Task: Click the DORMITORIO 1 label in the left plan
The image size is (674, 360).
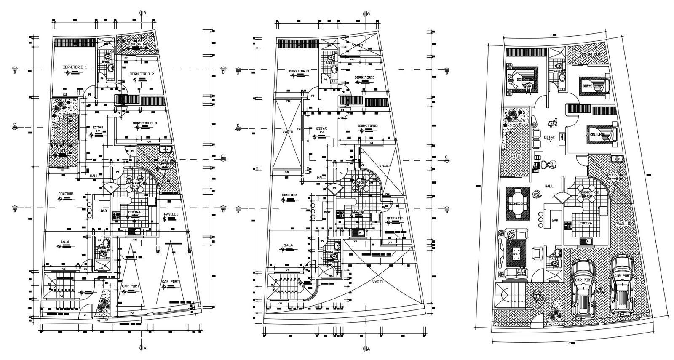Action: point(75,67)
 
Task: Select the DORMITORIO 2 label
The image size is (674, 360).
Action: point(142,74)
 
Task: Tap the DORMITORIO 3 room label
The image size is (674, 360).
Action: point(144,123)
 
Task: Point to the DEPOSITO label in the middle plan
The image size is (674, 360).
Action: point(394,218)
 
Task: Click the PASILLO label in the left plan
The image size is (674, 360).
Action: point(171,214)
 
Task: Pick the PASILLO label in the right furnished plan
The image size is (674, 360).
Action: point(623,224)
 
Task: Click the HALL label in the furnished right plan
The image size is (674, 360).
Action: point(549,186)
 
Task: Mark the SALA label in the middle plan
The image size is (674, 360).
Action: point(288,245)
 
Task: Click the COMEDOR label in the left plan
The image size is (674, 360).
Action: point(66,194)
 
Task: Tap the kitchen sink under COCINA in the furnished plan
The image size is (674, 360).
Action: point(585,241)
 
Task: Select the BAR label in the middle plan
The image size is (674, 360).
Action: point(327,212)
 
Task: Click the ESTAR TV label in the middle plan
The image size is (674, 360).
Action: point(321,131)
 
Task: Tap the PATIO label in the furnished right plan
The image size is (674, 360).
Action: point(516,156)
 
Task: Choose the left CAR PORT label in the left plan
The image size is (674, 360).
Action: point(131,286)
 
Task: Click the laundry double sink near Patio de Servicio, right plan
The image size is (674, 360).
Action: point(617,158)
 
